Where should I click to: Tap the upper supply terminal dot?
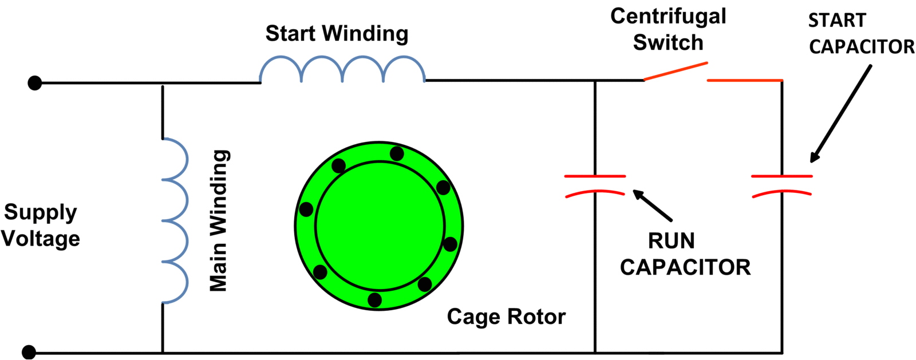35,83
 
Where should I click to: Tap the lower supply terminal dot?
29,351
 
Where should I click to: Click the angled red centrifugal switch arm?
676,72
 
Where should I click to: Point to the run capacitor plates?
595,185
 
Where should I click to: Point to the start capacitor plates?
782,185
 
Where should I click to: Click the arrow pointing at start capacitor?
840,114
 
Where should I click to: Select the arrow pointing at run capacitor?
652,206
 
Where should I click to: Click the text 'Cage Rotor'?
506,317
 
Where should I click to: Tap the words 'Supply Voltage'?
40,225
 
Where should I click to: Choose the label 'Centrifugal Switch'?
668,29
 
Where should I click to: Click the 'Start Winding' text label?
337,33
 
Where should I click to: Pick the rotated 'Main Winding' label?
219,220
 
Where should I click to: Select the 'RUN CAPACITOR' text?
685,254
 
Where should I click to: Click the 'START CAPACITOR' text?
861,34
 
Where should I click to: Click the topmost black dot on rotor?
397,153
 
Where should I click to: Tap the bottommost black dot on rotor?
375,300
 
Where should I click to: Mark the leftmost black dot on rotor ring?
306,209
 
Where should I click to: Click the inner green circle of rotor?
380,226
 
